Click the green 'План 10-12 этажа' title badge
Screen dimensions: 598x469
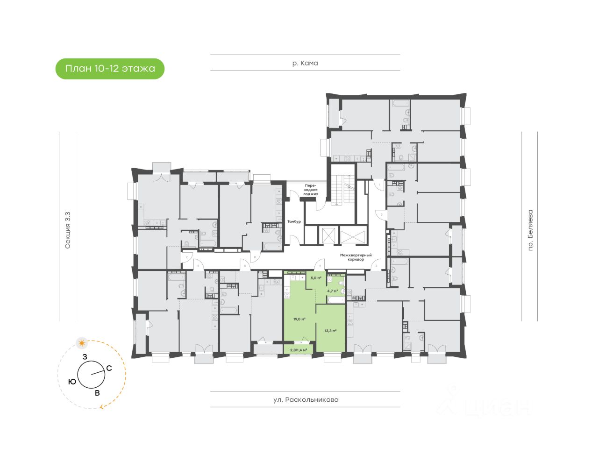tap(110, 69)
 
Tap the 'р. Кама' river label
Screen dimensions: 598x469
tap(305, 63)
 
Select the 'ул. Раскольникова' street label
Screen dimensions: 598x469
tap(306, 400)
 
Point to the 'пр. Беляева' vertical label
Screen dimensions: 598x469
tap(530, 231)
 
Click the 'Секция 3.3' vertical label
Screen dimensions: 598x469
tap(68, 230)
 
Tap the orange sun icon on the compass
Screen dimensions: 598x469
tap(82, 343)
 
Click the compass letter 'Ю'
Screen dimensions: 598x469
tap(72, 382)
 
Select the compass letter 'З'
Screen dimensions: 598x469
tap(85, 357)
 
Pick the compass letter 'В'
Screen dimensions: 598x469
tap(97, 393)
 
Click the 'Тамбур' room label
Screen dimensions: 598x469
tap(294, 221)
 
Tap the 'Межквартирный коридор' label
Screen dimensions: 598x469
tap(356, 257)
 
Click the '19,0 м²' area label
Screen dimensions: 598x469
tap(299, 320)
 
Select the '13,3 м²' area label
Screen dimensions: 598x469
tap(331, 330)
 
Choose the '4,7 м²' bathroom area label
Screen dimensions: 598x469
tap(332, 291)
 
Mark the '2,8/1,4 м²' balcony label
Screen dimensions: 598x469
tap(299, 349)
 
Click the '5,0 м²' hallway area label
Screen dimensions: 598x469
tap(316, 278)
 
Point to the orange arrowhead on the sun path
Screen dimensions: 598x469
tap(101, 407)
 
